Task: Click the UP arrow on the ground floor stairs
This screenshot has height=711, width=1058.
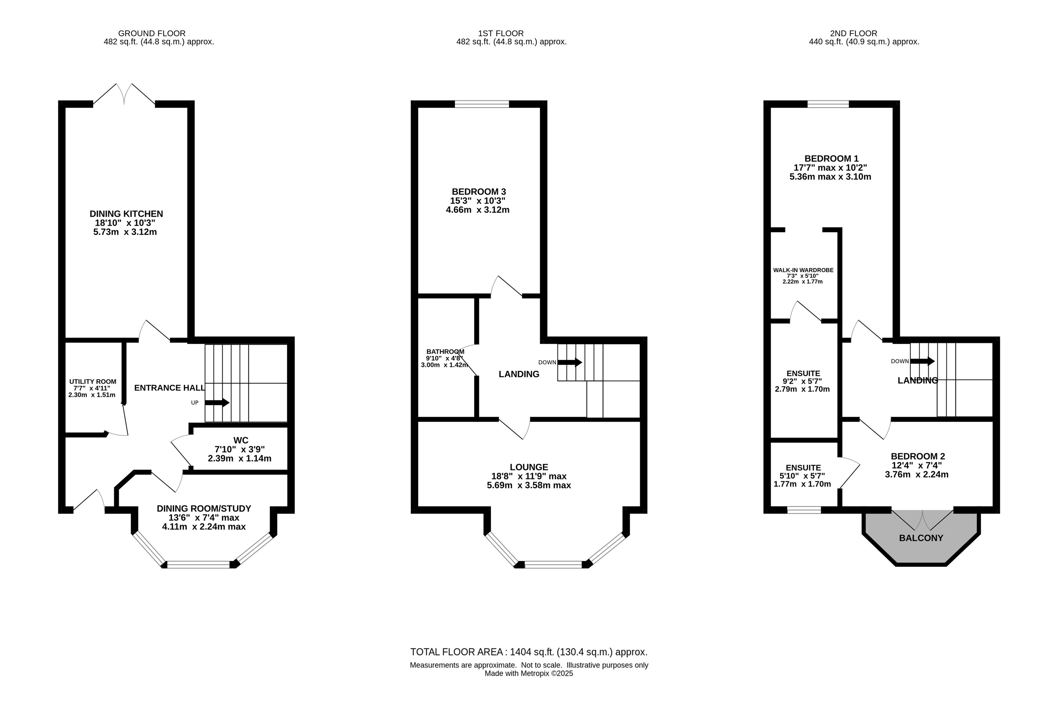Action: coord(217,403)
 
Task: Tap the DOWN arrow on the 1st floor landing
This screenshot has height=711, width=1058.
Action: coord(570,362)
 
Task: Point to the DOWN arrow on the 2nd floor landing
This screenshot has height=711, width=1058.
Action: coord(922,361)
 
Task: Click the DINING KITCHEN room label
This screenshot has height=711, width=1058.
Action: coord(126,214)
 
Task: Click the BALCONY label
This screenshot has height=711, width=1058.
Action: coord(921,538)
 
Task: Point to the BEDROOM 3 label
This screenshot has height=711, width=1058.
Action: coord(479,192)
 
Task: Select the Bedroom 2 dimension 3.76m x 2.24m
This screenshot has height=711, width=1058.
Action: coord(917,474)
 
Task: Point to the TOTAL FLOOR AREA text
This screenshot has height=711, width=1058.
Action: coord(529,652)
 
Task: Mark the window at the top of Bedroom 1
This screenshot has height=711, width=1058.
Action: coord(828,104)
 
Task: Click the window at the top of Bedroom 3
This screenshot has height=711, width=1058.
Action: coord(482,104)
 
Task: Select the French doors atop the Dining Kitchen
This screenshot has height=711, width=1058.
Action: coord(124,94)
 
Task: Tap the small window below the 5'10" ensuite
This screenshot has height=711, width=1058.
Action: coord(804,510)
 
